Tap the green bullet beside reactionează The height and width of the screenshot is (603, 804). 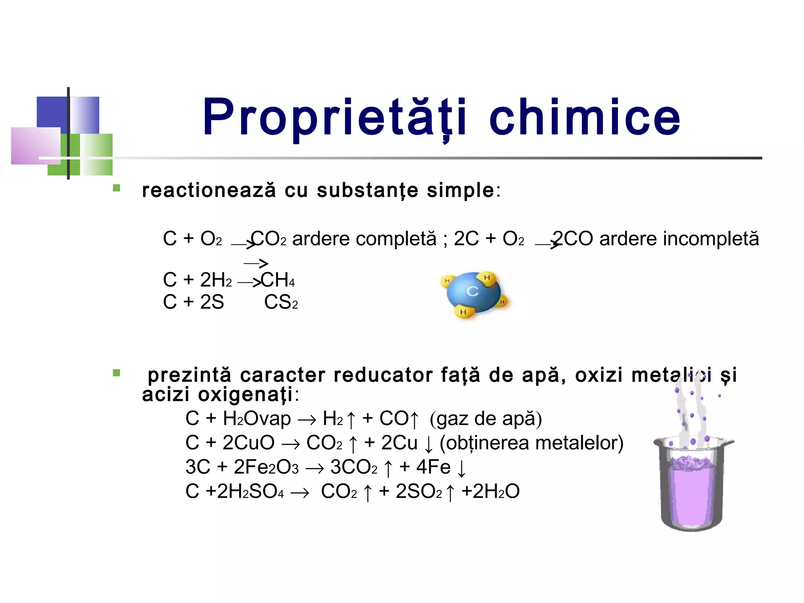point(117,188)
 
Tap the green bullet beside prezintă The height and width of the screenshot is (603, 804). point(117,373)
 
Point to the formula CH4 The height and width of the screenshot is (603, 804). point(278,280)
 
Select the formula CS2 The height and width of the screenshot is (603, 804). point(281,302)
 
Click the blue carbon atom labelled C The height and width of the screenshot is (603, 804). point(473,291)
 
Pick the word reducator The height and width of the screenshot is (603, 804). point(383,375)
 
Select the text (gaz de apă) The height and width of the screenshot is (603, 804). point(486,418)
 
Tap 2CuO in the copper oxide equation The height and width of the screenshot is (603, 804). point(249,443)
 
